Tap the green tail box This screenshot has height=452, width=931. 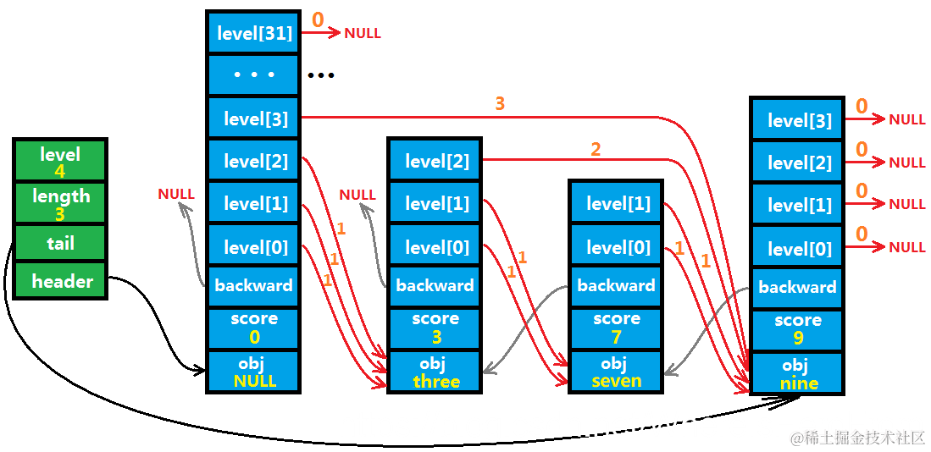(x=60, y=243)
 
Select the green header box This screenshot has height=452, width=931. (x=60, y=280)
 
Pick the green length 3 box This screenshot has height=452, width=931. (x=60, y=203)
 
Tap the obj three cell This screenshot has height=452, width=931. (x=435, y=372)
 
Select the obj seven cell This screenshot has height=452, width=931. (x=616, y=372)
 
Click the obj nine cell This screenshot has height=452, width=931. (x=797, y=373)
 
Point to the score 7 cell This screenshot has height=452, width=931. (x=616, y=328)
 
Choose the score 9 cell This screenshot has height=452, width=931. (x=797, y=330)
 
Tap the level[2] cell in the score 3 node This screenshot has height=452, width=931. (x=435, y=160)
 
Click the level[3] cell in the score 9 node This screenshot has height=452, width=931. (x=797, y=120)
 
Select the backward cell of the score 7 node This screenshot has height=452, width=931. (x=616, y=285)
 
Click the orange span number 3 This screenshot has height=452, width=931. (x=499, y=104)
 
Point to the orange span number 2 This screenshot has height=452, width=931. (x=595, y=149)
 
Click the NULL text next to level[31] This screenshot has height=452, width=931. (x=363, y=33)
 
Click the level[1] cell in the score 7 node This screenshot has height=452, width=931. (x=616, y=203)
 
